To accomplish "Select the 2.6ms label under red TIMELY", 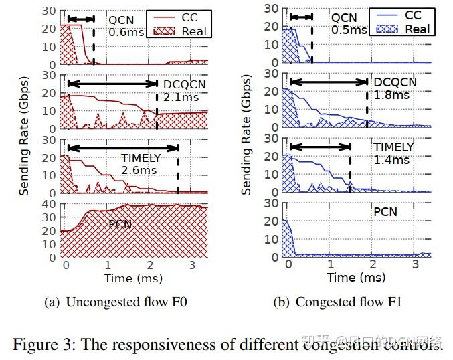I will tap(139, 171).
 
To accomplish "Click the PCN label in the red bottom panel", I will tap(120, 224).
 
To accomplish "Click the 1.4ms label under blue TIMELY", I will tap(392, 160).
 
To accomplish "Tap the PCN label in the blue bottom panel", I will tap(385, 212).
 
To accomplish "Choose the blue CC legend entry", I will tap(414, 15).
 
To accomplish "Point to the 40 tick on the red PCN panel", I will tap(50, 204).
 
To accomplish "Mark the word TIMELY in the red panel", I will tap(141, 159).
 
